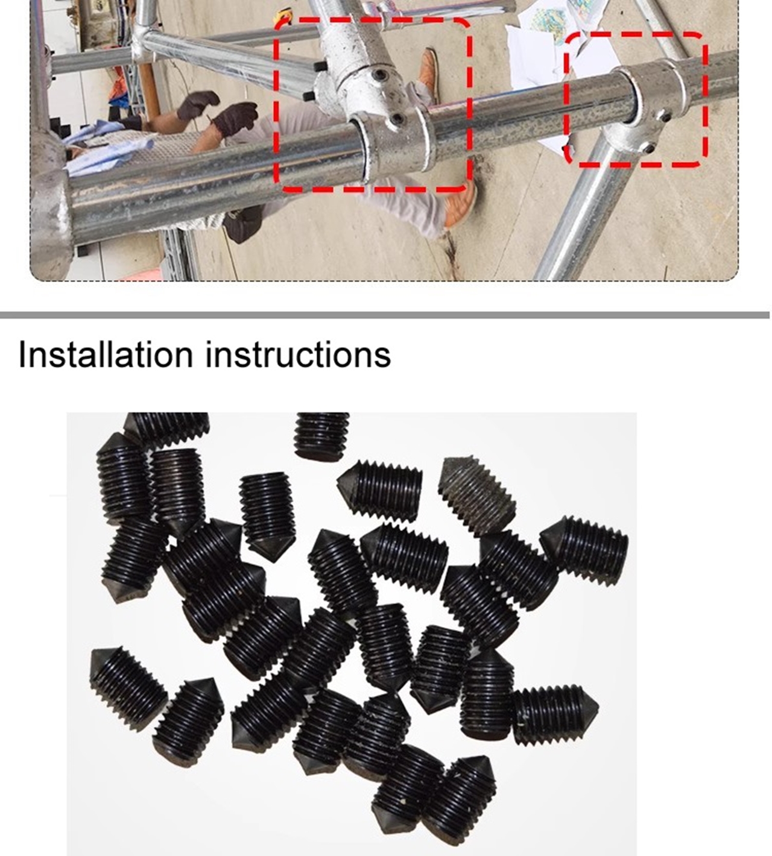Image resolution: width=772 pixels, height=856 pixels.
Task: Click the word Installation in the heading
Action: tap(106, 354)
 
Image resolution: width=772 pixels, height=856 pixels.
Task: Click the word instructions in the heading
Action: tap(298, 354)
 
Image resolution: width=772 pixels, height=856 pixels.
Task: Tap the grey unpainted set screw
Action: tap(476, 497)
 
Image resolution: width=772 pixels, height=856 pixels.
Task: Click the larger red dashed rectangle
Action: tap(373, 105)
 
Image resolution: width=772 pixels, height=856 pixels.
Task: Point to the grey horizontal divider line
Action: tap(384, 315)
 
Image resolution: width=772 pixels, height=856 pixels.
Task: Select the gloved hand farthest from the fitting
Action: tap(197, 104)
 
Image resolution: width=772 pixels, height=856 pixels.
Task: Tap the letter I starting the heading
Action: tap(22, 354)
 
